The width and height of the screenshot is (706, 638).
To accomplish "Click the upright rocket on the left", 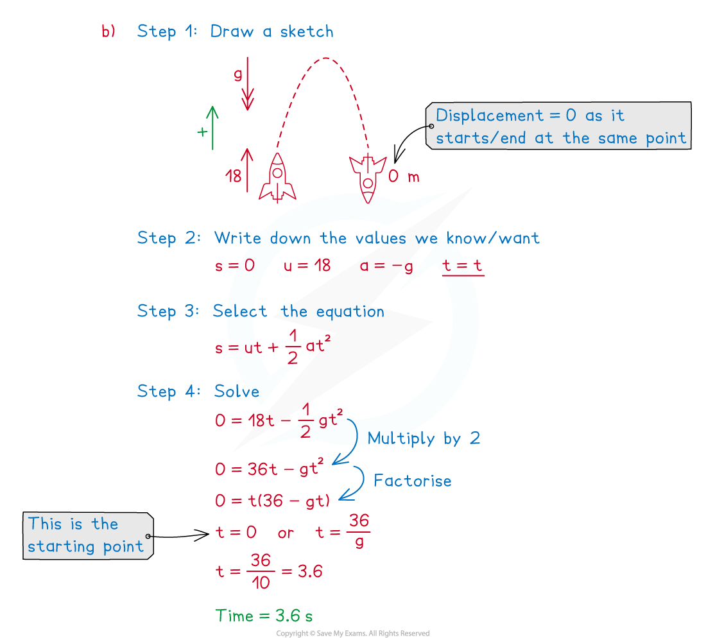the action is (x=277, y=178).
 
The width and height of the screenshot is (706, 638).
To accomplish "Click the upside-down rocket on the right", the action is (x=368, y=178).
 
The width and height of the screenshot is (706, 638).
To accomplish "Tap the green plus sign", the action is (x=202, y=132).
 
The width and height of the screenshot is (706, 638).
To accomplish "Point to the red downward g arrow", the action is (x=247, y=83).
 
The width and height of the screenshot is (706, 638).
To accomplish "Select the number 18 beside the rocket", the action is (x=233, y=176).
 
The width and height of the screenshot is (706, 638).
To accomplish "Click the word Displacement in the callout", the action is (x=490, y=116).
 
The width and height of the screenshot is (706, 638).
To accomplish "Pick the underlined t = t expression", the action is (x=462, y=266).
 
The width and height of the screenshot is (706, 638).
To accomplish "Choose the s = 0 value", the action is (x=234, y=265).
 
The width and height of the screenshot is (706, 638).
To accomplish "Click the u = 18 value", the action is (x=307, y=265).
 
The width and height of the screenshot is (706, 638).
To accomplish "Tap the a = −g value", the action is (x=386, y=266).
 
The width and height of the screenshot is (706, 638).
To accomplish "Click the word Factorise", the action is (x=413, y=480).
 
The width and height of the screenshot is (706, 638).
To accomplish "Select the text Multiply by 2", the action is (x=424, y=438).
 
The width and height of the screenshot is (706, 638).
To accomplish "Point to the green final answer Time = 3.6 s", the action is (x=264, y=616).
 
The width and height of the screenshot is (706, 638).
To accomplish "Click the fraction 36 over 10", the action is (x=261, y=571).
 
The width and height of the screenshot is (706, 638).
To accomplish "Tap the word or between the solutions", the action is (x=286, y=533).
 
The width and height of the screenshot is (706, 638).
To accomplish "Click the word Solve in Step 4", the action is (x=237, y=392).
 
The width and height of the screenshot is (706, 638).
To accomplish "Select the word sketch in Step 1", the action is (x=307, y=31).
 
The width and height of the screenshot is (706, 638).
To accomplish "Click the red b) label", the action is (x=108, y=31).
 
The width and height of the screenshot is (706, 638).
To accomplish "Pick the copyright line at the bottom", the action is (x=353, y=633).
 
